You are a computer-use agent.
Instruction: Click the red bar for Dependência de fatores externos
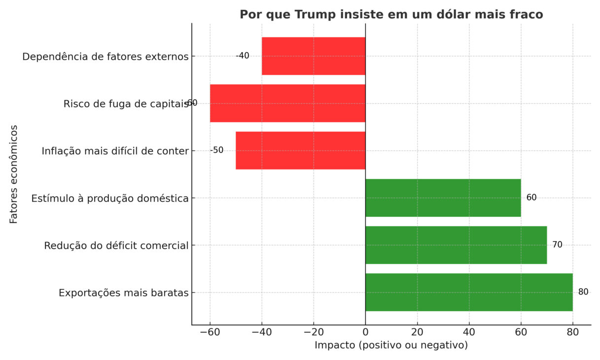pyautogui.click(x=314, y=56)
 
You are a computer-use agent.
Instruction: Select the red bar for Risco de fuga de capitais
pyautogui.click(x=287, y=104)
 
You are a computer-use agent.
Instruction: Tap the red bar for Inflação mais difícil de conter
pyautogui.click(x=300, y=150)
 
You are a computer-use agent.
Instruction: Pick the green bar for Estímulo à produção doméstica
pyautogui.click(x=443, y=198)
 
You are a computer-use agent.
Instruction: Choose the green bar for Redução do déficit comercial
pyautogui.click(x=456, y=245)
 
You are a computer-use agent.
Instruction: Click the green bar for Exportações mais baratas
pyautogui.click(x=469, y=292)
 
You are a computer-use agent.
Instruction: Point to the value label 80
pyautogui.click(x=583, y=292)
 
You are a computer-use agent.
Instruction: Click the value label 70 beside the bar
pyautogui.click(x=557, y=245)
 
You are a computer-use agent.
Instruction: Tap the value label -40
pyautogui.click(x=242, y=56)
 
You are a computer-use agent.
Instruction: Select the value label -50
pyautogui.click(x=216, y=150)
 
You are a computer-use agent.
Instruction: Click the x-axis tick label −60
pyautogui.click(x=210, y=332)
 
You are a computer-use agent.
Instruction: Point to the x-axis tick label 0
pyautogui.click(x=365, y=332)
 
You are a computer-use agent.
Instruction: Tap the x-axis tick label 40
pyautogui.click(x=469, y=332)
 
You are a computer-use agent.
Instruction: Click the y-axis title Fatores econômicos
pyautogui.click(x=14, y=174)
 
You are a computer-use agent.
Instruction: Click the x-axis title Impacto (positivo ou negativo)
pyautogui.click(x=391, y=345)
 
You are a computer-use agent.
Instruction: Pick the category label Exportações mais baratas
pyautogui.click(x=123, y=293)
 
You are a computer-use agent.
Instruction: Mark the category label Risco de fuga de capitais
pyautogui.click(x=126, y=104)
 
